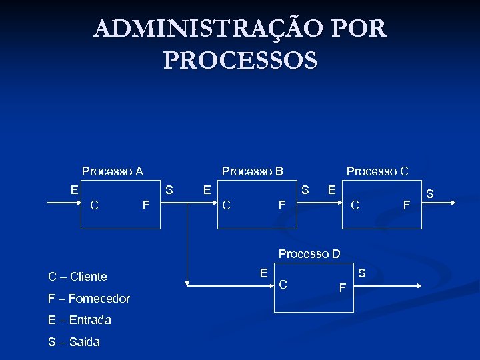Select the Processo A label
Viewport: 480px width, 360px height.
coord(112,171)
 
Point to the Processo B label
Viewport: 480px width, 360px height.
coord(252,171)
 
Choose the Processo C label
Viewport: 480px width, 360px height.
coord(377,171)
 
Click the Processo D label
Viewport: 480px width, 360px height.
coord(309,254)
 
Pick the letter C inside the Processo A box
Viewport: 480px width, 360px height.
coord(95,205)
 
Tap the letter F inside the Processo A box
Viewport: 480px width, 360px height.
coord(145,205)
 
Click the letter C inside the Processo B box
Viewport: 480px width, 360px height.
coord(227,205)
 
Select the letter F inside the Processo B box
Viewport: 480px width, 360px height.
coord(281,205)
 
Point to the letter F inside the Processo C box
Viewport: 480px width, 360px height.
coord(406,205)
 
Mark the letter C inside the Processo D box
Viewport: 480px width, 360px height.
coord(283,285)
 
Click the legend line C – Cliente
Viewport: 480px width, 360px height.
coord(77,277)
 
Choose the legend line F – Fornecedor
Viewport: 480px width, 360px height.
coord(89,298)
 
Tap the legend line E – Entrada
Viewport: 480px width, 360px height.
coord(79,320)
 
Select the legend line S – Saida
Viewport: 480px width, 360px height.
coord(73,342)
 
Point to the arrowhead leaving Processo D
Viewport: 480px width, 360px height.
coord(418,286)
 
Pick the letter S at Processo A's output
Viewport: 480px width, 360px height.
coord(169,190)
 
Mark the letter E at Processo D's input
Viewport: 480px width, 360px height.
coord(264,272)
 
